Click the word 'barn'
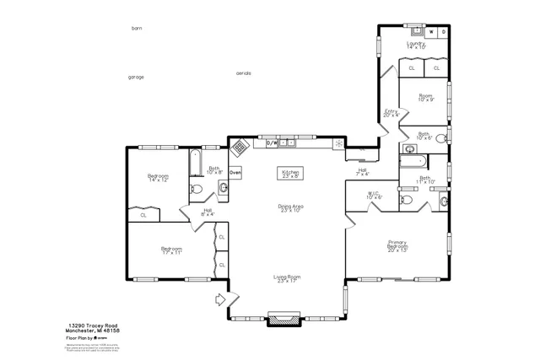(137, 28)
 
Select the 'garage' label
(136, 77)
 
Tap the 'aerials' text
(244, 73)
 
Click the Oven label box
(235, 172)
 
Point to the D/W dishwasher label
(273, 143)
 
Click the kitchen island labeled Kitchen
(291, 173)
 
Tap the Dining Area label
(290, 207)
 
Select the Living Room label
(288, 278)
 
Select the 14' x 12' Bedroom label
(159, 178)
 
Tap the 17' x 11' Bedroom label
(173, 250)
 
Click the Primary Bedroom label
(397, 246)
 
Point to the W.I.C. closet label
(375, 196)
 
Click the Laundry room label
(415, 46)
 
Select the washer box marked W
(431, 32)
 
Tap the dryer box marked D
(444, 32)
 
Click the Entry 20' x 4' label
(391, 113)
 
